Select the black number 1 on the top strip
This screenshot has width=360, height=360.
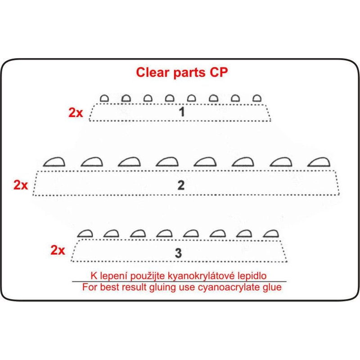[181, 112]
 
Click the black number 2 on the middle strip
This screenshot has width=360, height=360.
[181, 185]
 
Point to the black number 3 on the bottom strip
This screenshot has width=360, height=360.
[179, 253]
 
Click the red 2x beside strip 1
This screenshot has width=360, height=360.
[76, 112]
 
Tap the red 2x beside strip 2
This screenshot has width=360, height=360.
[21, 185]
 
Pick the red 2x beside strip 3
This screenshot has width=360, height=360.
[58, 251]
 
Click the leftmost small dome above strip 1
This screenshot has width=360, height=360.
[104, 98]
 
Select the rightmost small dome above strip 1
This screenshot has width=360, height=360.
[257, 98]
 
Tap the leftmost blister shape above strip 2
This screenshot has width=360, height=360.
[54, 162]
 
